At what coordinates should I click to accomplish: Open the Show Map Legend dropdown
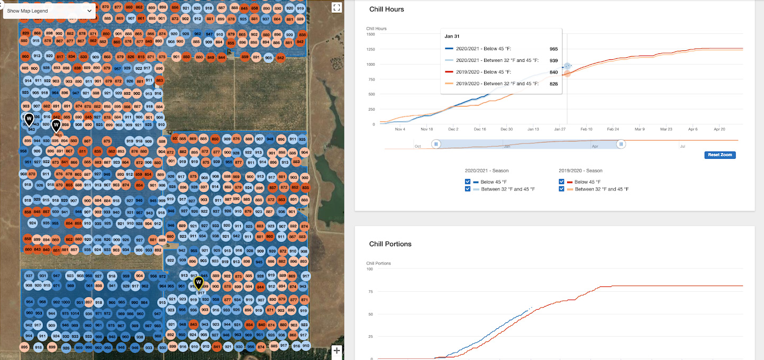pos(49,11)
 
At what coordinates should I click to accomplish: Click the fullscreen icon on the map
pos(336,7)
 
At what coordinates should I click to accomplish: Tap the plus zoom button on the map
pos(336,350)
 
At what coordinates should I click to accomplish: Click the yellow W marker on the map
pos(198,283)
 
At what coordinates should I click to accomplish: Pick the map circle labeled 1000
pos(66,302)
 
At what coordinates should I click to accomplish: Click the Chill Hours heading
pos(386,9)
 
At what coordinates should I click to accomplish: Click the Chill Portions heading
pos(390,244)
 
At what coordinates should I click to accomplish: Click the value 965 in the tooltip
pos(553,49)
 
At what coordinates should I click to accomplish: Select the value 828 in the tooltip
pos(553,84)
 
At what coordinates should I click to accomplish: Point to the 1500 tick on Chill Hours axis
pos(370,34)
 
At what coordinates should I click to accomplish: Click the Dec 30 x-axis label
pos(506,129)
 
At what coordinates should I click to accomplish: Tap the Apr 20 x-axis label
pos(720,129)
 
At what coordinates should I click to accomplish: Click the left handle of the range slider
pos(436,144)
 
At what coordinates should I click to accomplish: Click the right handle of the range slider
pos(621,144)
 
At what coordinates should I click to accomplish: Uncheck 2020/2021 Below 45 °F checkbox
pos(468,182)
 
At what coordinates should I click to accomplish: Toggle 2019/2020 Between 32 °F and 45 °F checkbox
pos(562,189)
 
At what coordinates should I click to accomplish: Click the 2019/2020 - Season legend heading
pos(580,171)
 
